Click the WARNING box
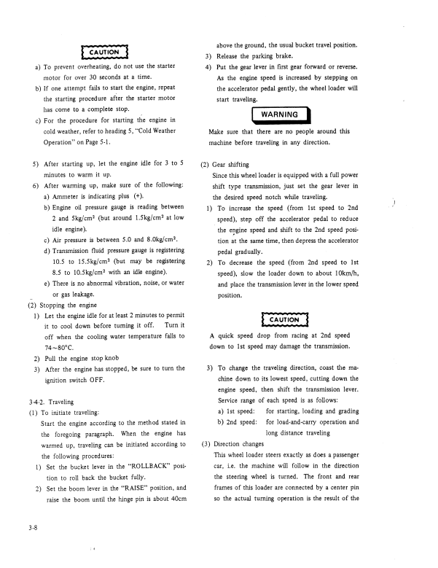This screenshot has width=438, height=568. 281,114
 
